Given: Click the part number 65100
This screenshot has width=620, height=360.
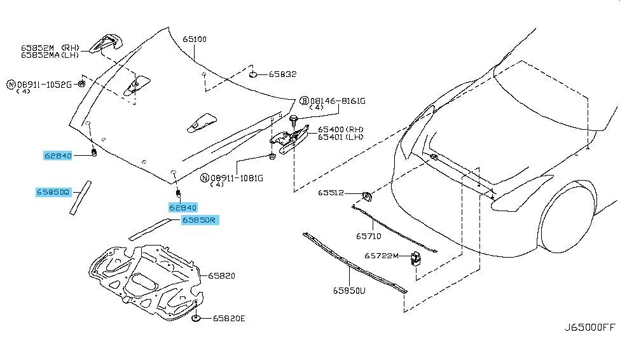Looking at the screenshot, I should (195, 39).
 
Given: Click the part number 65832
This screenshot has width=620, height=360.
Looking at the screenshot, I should (282, 74).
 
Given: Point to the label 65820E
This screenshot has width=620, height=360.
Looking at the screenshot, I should (228, 318).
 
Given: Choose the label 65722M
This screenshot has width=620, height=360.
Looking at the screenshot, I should (381, 256).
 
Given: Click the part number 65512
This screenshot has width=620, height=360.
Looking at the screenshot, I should (331, 193).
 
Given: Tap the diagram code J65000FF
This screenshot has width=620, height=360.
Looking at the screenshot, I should (589, 328).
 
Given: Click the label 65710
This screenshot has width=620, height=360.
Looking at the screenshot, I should (368, 236).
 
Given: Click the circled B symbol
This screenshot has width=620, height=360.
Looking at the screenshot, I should (304, 101).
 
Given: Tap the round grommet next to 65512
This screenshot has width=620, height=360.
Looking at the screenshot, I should (367, 193).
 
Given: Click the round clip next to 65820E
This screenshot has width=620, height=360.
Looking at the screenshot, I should (197, 317).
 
